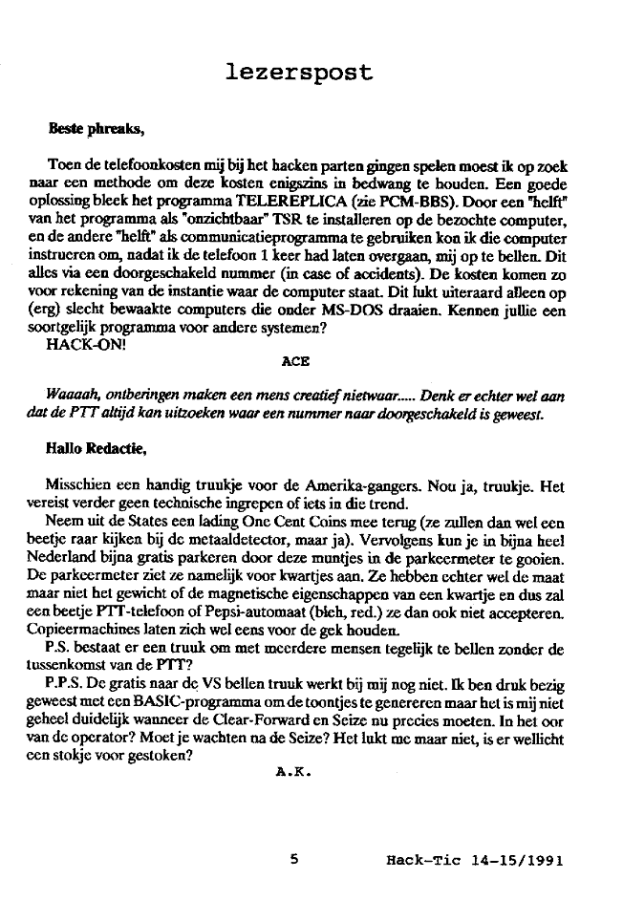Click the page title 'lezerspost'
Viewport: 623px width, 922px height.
point(299,72)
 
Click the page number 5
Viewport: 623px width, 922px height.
point(295,859)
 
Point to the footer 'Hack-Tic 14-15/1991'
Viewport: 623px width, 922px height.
point(474,860)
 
